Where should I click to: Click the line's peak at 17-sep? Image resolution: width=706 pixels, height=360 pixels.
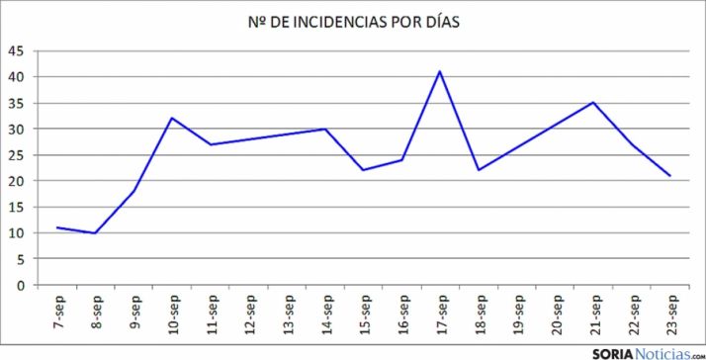pos(440,71)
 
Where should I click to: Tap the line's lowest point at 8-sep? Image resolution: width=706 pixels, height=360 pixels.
pos(95,232)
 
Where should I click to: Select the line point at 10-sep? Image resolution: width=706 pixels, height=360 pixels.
pos(172,118)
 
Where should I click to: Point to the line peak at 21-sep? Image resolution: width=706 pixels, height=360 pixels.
pos(593,102)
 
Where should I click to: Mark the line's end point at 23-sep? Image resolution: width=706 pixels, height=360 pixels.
pos(670,176)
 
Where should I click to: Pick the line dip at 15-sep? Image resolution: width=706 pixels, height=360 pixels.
pos(363,170)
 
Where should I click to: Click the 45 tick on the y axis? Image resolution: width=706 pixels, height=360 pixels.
pos(17,50)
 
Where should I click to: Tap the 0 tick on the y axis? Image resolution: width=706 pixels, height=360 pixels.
pos(21,285)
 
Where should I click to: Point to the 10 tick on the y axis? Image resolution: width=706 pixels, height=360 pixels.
pos(17,232)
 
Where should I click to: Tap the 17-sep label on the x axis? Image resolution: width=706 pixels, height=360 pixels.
pos(440,314)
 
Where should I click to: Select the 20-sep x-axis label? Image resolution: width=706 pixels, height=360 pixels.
pos(556,314)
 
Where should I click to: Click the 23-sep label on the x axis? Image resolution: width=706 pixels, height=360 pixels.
pos(670,314)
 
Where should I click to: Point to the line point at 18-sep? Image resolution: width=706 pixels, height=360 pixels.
pos(479,170)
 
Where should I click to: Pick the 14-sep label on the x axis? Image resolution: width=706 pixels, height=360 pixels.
pos(325,314)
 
